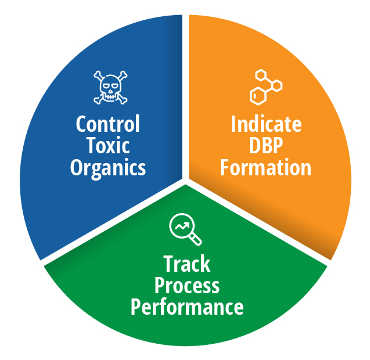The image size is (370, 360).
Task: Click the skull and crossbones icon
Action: coord(110,88)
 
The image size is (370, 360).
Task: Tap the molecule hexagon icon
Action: coord(266,87)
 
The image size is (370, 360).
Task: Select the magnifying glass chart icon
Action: coord(185,229)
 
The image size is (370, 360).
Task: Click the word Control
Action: coord(108,124)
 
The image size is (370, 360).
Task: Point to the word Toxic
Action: coord(108,145)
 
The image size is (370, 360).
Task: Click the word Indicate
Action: coord(266,124)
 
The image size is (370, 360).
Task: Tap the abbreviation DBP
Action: coord(266,145)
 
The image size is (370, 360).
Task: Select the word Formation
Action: coord(265,167)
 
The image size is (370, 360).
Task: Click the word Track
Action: coord(186,264)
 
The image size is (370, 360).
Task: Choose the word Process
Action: coord(187,286)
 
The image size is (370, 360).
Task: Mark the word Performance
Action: coord(187,307)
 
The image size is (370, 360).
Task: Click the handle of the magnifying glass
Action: coord(195,239)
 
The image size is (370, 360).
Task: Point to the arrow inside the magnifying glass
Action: coord(182,226)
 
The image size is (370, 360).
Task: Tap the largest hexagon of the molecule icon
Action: coord(258,96)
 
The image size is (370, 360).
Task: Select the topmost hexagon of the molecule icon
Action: coord(261,75)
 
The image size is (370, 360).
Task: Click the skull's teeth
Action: coord(110,97)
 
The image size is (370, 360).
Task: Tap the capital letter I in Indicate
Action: coord(233,124)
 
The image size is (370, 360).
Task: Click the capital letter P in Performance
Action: coord(136,307)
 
